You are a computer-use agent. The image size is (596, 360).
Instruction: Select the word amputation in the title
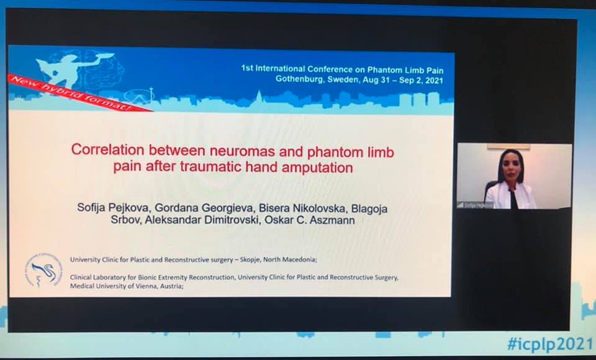click(317, 167)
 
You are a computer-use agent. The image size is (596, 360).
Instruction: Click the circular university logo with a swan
click(43, 269)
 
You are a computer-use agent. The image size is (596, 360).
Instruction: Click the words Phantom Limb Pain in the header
click(413, 68)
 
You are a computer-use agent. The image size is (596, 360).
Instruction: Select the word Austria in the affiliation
click(169, 287)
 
